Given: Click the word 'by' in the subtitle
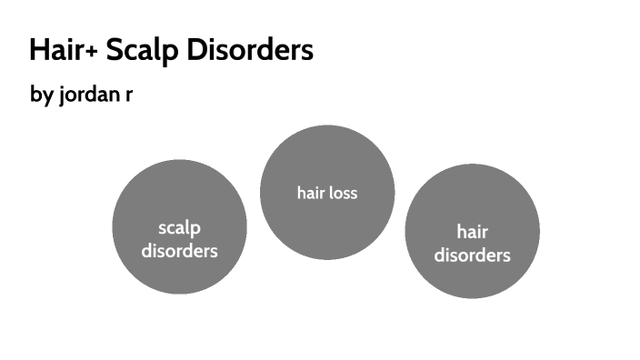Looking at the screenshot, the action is coord(41,95).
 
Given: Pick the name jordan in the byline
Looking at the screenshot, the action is coord(88,95).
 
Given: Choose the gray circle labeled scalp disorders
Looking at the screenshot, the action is coord(179,226).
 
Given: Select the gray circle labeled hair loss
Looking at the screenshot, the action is coord(327,192).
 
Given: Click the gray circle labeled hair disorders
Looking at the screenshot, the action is coord(472,231).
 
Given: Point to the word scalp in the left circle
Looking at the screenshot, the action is coord(179,228).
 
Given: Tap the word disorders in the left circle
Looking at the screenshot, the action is coord(179,251).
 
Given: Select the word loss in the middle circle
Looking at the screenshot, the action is coord(344,193).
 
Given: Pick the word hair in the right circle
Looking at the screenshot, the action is coord(472,232).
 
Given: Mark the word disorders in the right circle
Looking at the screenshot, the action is coord(472,255).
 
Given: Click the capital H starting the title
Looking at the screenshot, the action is coord(37,51).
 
